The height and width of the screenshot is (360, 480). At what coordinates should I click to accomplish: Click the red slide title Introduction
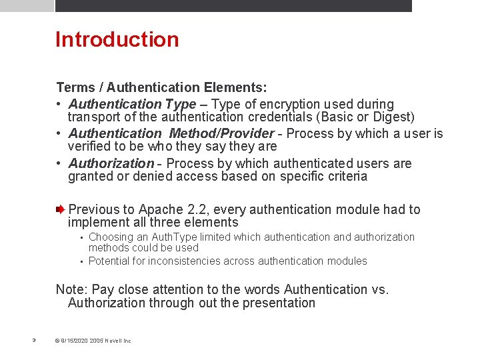point(117,39)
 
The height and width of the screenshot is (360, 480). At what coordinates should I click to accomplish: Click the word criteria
point(345,177)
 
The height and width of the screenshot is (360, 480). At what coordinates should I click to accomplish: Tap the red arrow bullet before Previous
point(61,209)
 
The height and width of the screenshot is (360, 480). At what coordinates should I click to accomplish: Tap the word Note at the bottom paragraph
point(70,289)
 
